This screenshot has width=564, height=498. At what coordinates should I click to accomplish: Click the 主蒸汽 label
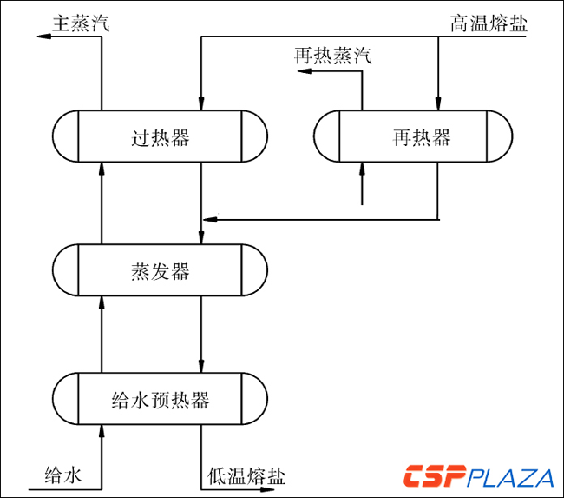tap(81, 23)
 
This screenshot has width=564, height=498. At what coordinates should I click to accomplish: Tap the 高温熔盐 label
tap(489, 23)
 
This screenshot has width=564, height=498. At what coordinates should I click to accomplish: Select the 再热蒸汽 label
tap(333, 57)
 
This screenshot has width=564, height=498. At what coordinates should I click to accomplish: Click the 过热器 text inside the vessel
tap(161, 137)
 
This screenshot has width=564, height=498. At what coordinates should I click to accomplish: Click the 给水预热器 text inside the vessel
tap(161, 400)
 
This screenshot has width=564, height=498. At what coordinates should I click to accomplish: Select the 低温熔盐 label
tap(246, 476)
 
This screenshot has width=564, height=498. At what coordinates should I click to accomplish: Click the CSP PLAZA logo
tap(478, 477)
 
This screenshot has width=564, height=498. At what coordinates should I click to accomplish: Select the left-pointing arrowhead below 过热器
tap(208, 218)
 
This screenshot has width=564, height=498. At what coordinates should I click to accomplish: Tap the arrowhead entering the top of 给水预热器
tap(201, 366)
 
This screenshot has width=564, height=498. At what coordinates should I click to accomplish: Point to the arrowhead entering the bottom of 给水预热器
tap(102, 430)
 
